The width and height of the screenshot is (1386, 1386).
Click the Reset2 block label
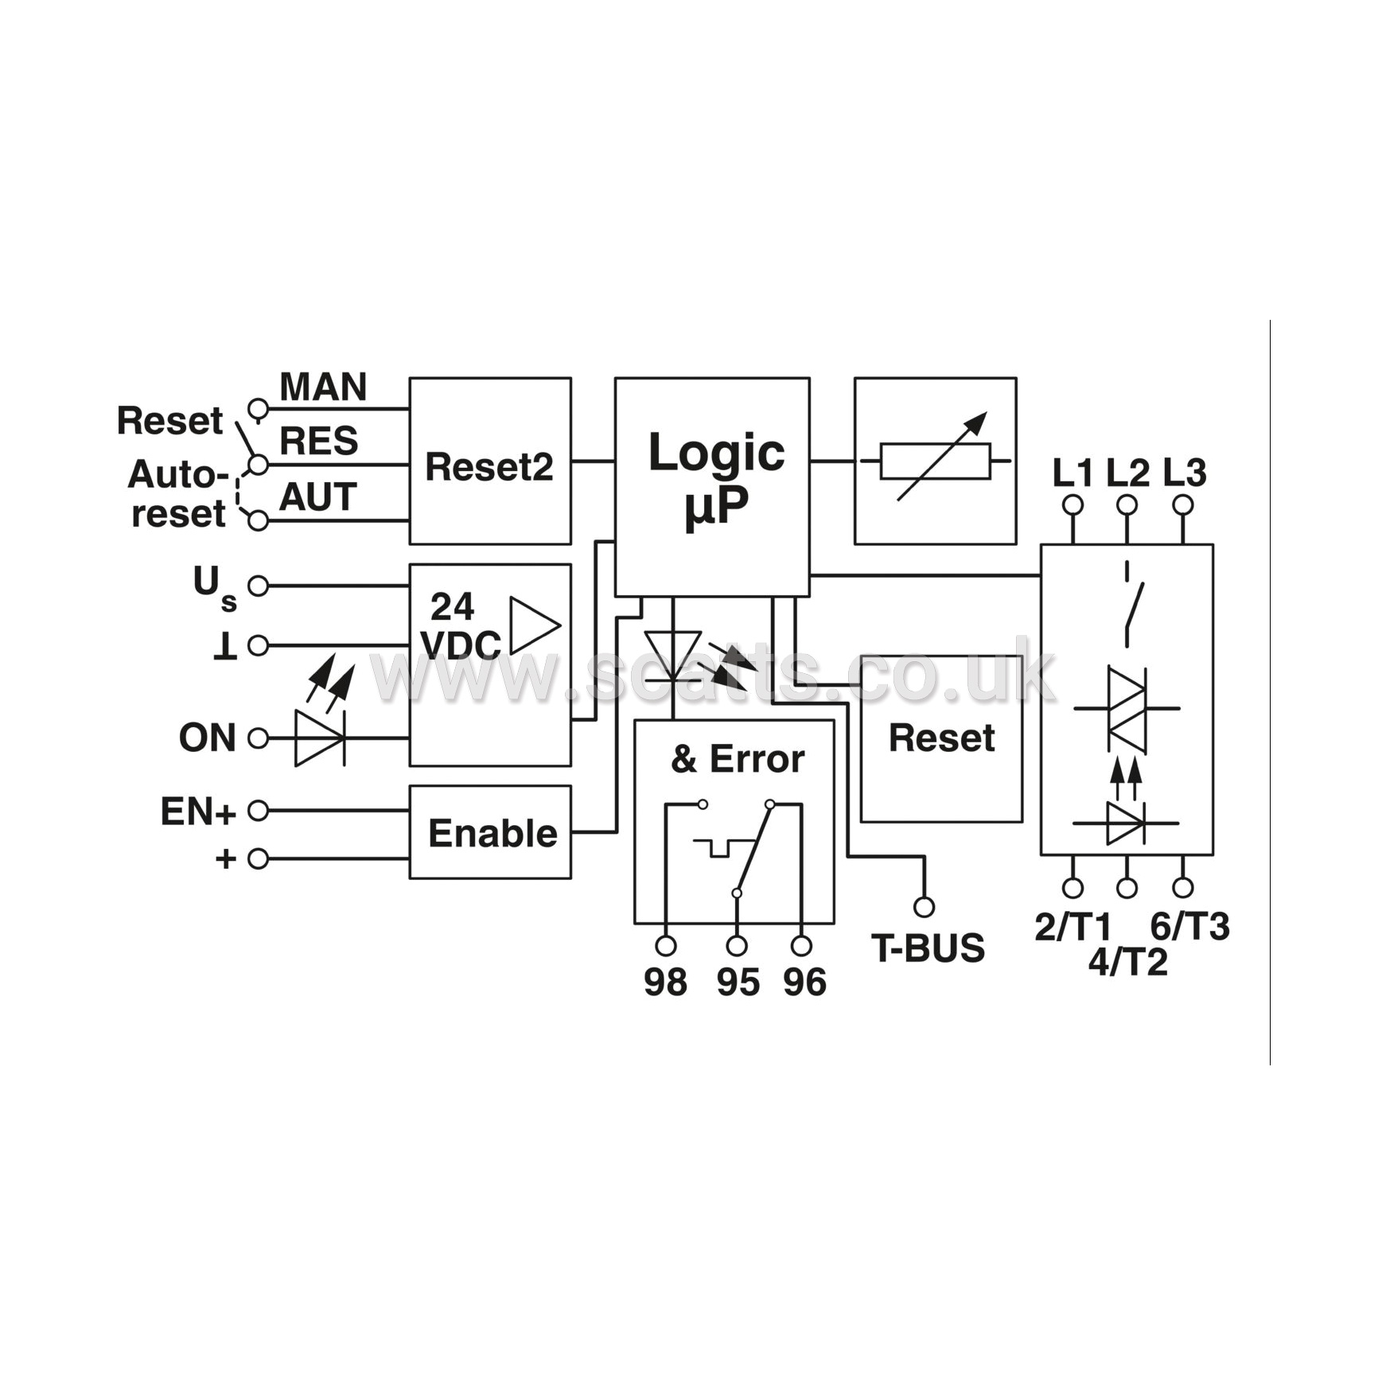point(489,467)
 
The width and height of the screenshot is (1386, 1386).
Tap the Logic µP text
point(716,479)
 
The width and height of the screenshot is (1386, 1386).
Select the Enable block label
point(492,834)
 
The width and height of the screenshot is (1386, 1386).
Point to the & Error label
point(738,759)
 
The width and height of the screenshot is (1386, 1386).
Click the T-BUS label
point(928,948)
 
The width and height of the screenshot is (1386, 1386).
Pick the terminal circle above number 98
point(666,945)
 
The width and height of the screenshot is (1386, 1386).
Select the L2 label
point(1127,473)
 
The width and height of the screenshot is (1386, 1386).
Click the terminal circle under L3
point(1183,504)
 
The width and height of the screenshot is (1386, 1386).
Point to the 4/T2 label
point(1127,963)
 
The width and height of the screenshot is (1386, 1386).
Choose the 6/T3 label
point(1189,927)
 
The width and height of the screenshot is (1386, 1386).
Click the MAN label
point(323,387)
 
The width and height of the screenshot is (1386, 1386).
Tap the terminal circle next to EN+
point(258,811)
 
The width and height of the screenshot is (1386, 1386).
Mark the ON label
point(207,738)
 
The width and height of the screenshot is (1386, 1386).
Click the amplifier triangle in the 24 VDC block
point(535,625)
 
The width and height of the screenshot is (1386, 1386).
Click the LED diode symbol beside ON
point(319,738)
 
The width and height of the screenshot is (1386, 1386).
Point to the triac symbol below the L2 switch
point(1127,707)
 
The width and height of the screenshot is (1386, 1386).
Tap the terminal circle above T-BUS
point(924,907)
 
